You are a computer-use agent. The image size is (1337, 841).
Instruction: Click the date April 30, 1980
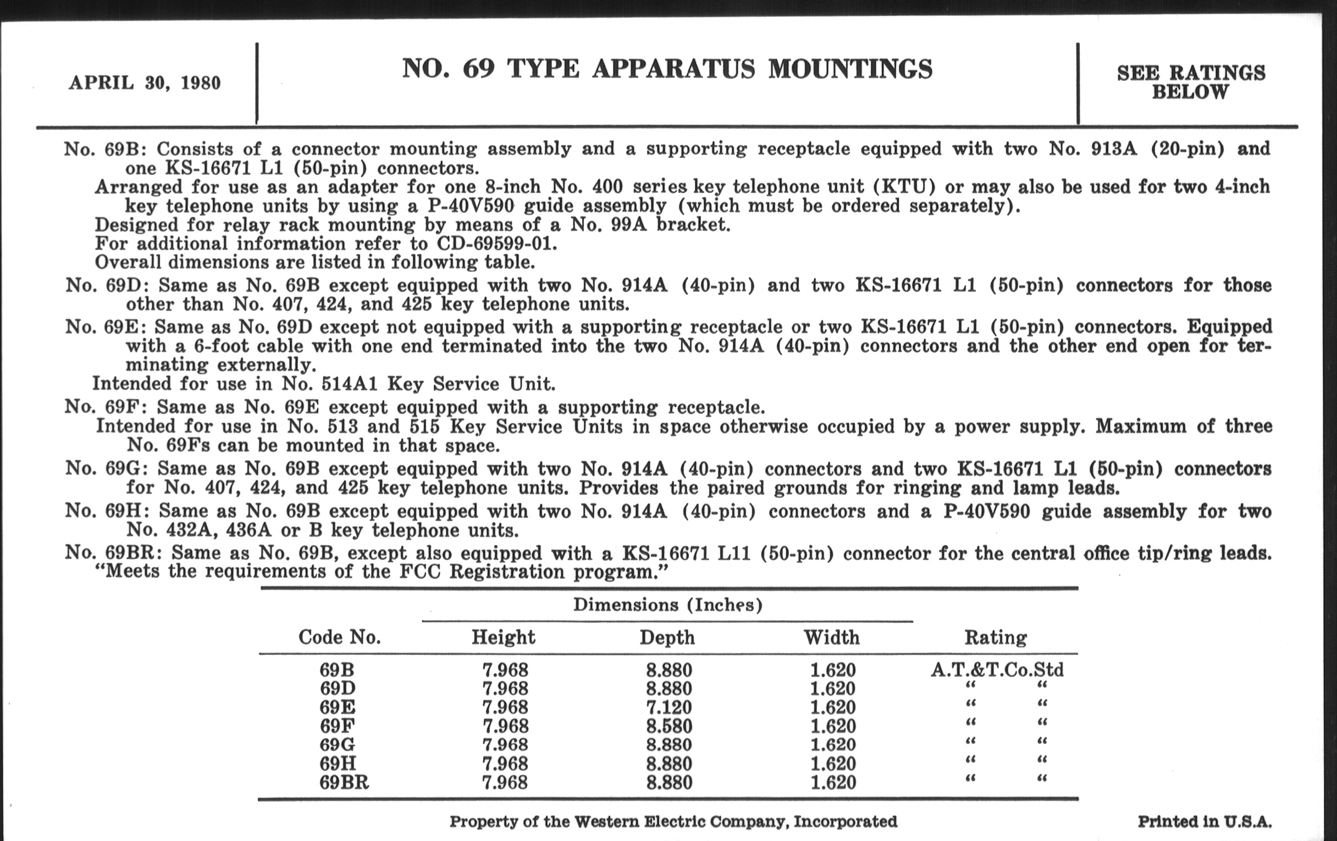pos(145,83)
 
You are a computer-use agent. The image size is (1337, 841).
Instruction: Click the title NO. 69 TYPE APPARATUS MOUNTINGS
pos(667,69)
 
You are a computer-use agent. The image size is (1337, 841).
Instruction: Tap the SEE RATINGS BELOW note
pos(1190,82)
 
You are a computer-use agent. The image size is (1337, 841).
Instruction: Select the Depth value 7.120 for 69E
pos(669,707)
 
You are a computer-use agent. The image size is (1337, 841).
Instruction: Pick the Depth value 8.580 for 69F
pos(669,726)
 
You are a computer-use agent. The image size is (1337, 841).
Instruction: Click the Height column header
pos(503,637)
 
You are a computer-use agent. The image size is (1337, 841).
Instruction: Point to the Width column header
pos(832,637)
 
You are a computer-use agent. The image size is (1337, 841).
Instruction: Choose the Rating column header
pos(996,637)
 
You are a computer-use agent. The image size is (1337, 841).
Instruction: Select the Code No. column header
pos(340,637)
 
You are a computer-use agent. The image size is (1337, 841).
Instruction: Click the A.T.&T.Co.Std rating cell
pos(997,670)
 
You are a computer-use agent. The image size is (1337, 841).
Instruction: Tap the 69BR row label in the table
pos(344,783)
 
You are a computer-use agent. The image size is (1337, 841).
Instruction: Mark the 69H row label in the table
pos(338,764)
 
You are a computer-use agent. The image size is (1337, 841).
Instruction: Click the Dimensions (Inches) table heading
pos(667,605)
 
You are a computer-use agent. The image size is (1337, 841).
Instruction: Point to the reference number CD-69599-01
pos(496,244)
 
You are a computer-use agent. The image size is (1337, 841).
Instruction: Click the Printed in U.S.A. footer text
pos(1205,822)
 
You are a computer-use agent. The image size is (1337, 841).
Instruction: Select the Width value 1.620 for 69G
pos(833,745)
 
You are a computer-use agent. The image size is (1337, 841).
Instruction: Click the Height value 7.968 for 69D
pos(505,689)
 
